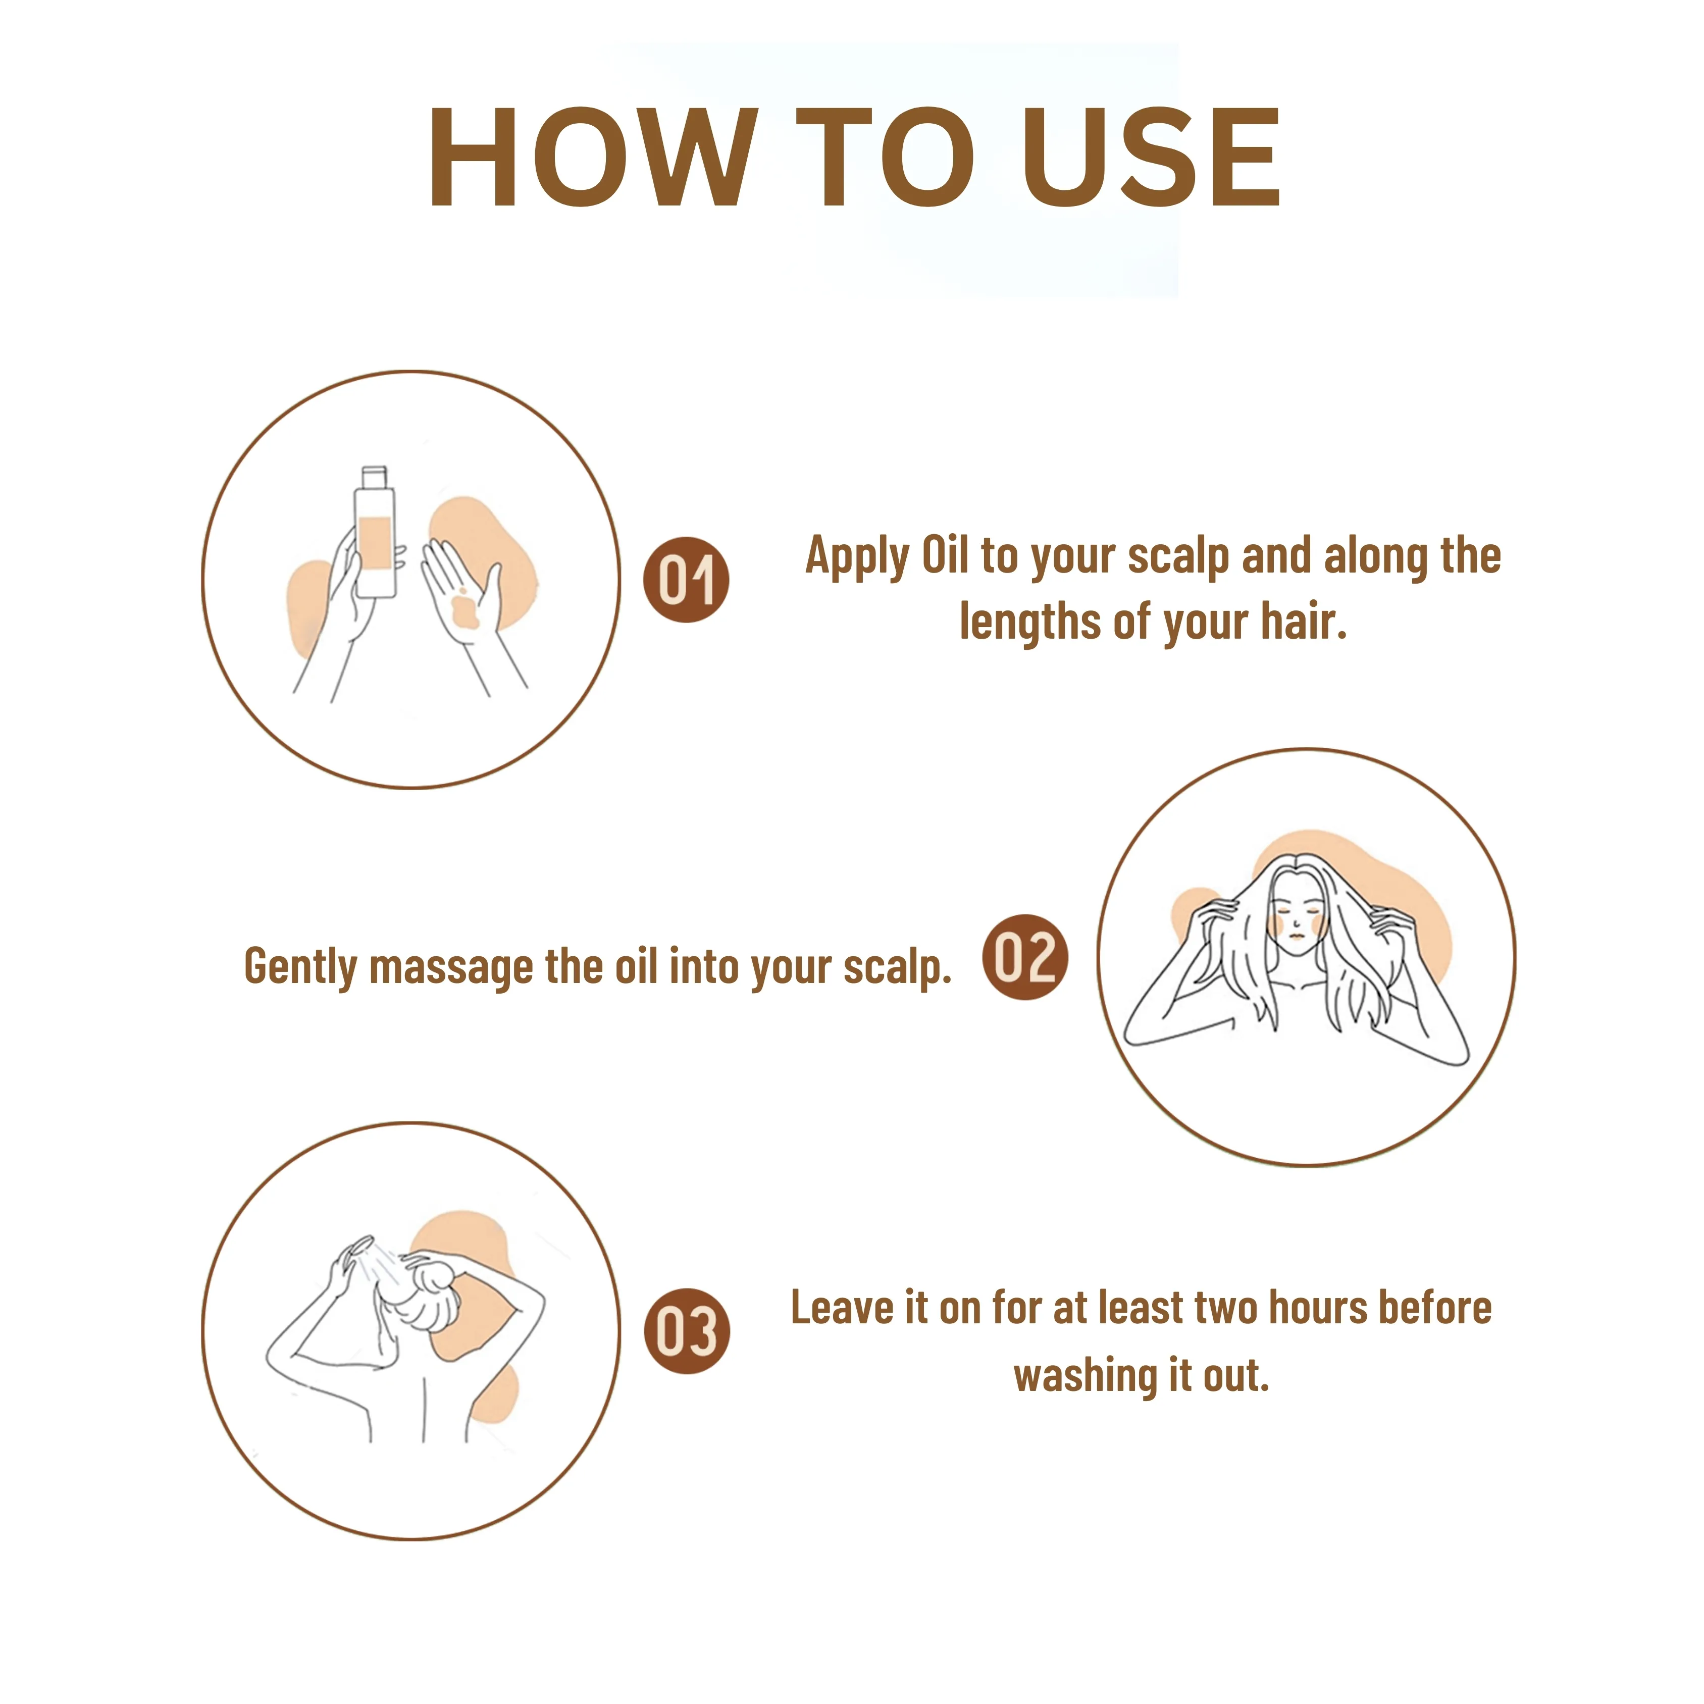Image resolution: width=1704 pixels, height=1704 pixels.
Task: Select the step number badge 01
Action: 686,580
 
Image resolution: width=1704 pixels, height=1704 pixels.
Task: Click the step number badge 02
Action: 1025,957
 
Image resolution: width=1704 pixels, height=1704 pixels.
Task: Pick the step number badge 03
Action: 686,1331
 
